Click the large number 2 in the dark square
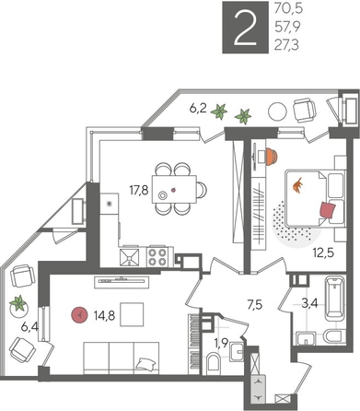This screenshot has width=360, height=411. (x=246, y=29)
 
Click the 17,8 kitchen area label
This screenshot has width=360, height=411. (x=139, y=192)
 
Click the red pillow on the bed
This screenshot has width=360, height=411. (x=327, y=210)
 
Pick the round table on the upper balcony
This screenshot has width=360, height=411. (x=276, y=112)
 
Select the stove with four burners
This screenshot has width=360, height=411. (x=155, y=255)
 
